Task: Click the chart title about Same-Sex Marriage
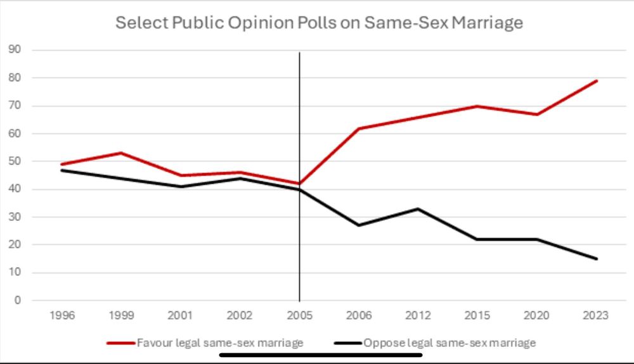click(x=319, y=23)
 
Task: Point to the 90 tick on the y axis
click(x=15, y=50)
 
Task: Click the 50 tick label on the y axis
click(x=15, y=161)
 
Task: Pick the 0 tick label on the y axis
click(x=18, y=301)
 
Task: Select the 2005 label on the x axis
click(x=299, y=315)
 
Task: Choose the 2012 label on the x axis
click(x=418, y=315)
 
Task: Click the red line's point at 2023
click(x=597, y=81)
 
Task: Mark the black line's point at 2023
click(x=597, y=258)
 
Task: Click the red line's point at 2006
click(x=358, y=129)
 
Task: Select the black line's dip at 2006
click(x=358, y=225)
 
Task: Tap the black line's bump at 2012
click(x=418, y=209)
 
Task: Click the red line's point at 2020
click(x=537, y=115)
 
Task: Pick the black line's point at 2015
click(x=477, y=239)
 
